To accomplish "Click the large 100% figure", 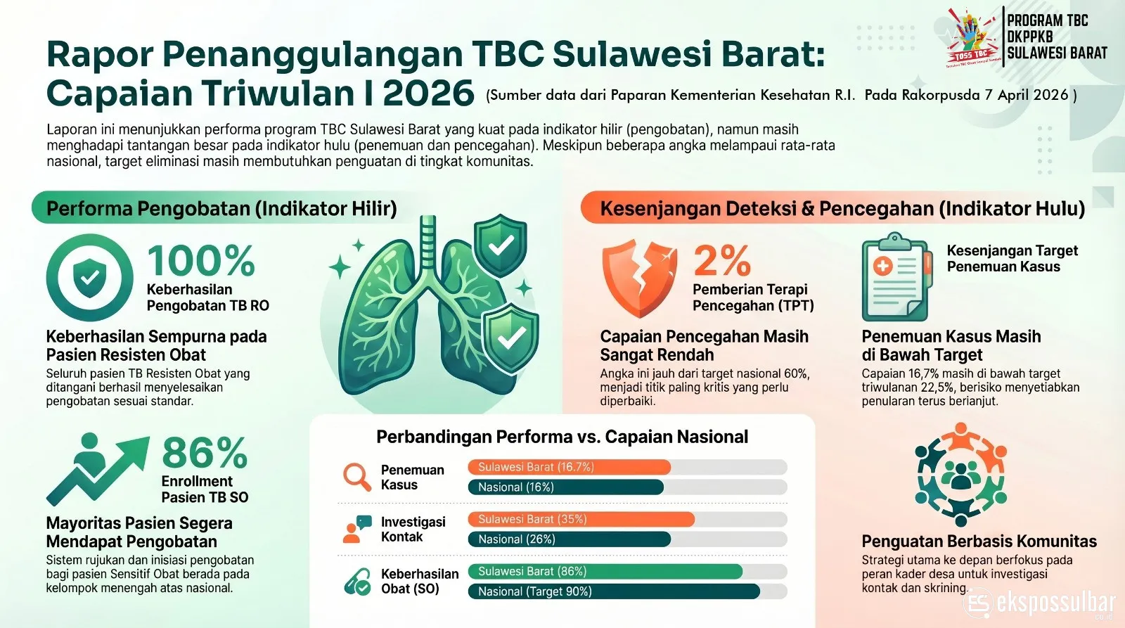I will [x=201, y=261].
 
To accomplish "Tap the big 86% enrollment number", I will [x=205, y=453].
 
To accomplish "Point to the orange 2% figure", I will [x=722, y=261].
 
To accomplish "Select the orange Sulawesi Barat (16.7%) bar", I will [x=569, y=467].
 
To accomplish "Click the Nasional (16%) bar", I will [x=565, y=487].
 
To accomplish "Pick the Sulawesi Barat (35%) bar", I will [x=581, y=519].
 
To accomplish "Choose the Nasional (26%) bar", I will [x=569, y=539].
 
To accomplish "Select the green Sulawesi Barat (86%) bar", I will [x=605, y=571].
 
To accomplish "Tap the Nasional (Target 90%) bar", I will [x=613, y=591].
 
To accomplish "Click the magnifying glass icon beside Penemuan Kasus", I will [x=357, y=477].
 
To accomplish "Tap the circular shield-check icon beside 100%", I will [x=90, y=278].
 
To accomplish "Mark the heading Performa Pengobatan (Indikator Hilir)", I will [x=221, y=209].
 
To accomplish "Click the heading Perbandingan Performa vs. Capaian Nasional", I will [x=562, y=437].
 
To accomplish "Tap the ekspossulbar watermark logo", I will [x=1041, y=604].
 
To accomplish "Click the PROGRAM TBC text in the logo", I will [x=1047, y=21].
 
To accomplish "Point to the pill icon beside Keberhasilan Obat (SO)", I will [x=357, y=582].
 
